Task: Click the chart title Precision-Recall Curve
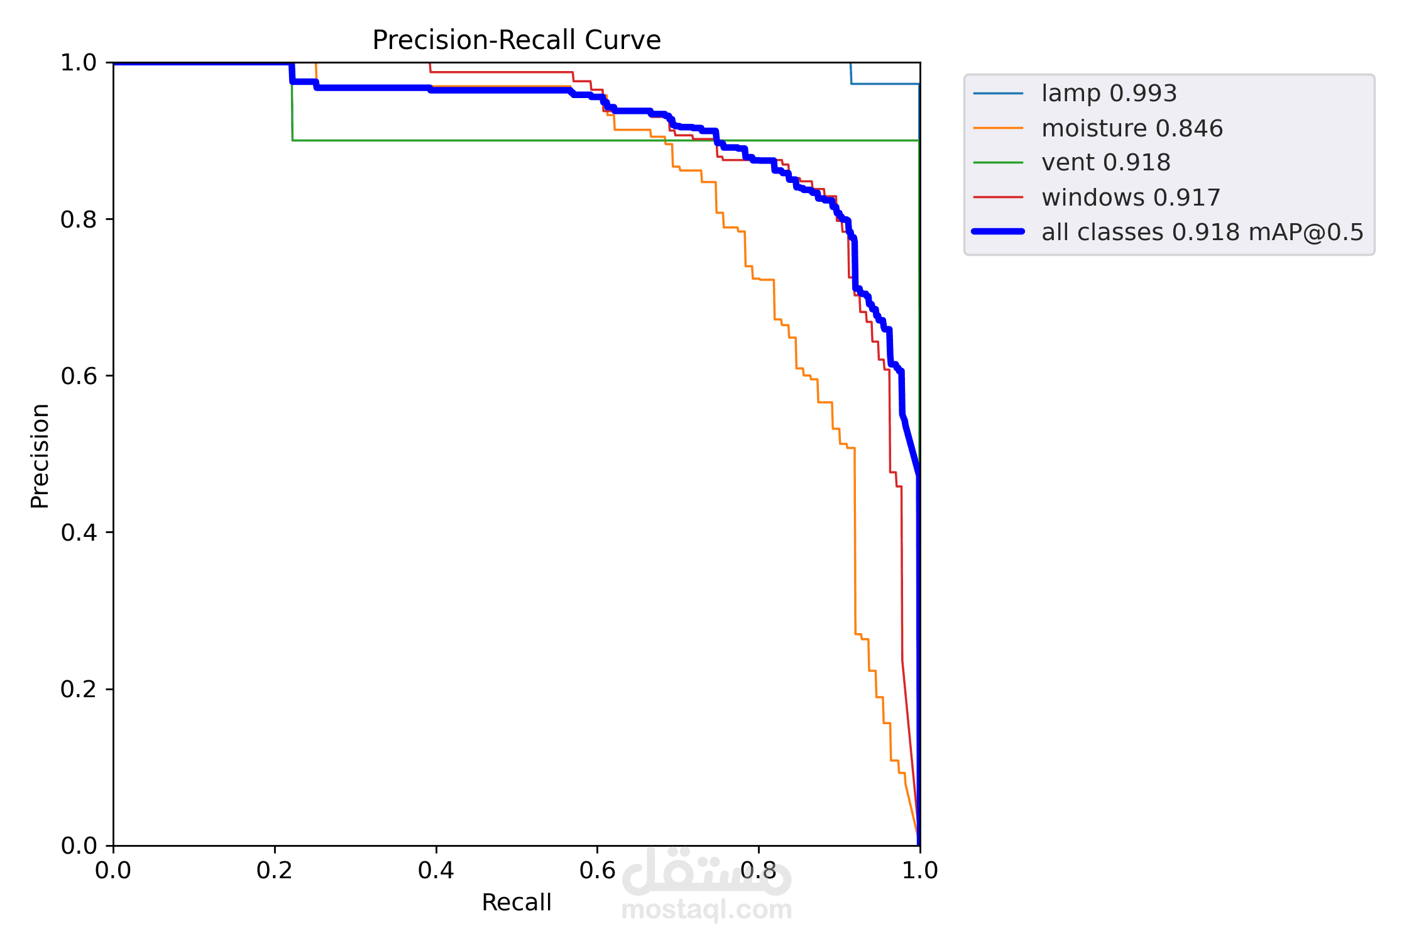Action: pos(516,40)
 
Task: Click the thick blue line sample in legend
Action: pos(998,232)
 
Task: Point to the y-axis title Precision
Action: pos(40,456)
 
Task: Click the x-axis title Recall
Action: pos(516,902)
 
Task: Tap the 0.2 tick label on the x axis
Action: pos(275,871)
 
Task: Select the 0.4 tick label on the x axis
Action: pos(436,871)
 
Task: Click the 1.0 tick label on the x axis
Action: pos(920,871)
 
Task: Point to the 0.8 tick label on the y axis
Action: pos(79,219)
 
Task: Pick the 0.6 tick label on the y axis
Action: pos(79,376)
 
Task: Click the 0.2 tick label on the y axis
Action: pos(79,689)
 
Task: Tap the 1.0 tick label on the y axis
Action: pos(79,63)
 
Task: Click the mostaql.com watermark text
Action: pos(706,910)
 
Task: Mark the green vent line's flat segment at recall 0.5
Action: pos(517,140)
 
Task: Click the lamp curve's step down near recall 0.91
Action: pos(851,74)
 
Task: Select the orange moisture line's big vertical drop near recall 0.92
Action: pos(855,541)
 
